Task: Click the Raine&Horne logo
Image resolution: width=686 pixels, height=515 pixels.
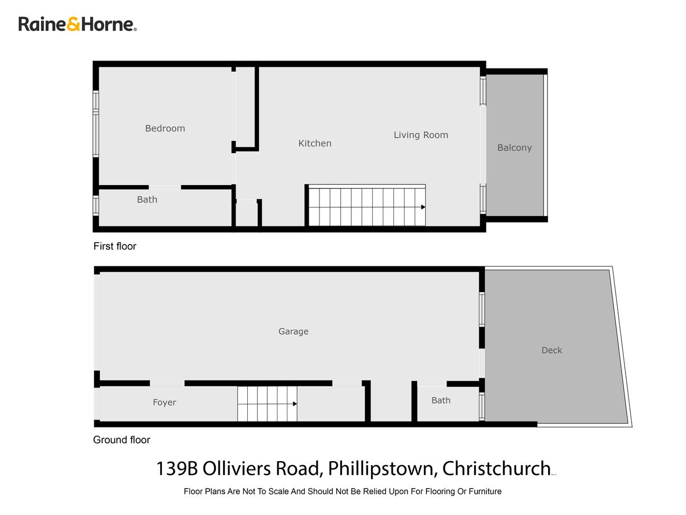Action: click(x=77, y=24)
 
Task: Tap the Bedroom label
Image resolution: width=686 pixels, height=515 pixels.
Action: click(x=165, y=128)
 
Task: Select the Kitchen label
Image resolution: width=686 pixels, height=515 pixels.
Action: click(x=314, y=144)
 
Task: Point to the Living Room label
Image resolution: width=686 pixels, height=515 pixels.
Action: click(x=420, y=135)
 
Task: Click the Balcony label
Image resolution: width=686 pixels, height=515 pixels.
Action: click(x=514, y=148)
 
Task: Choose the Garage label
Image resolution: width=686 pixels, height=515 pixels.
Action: click(x=293, y=332)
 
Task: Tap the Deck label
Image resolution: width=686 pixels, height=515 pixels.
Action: click(x=551, y=350)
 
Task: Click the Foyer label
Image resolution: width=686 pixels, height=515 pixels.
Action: click(x=164, y=402)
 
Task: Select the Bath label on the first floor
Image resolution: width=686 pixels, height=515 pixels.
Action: click(x=147, y=200)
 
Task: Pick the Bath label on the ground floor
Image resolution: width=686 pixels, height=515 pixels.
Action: click(x=441, y=401)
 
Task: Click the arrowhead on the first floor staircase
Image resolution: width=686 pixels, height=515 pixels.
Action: click(x=423, y=207)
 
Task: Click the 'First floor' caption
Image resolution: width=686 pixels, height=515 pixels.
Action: click(x=114, y=246)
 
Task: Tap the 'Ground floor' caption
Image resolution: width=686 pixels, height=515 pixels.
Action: click(x=121, y=440)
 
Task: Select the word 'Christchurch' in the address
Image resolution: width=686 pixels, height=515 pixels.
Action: click(x=496, y=468)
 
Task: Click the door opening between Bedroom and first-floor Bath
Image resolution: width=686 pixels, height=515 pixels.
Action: click(x=165, y=187)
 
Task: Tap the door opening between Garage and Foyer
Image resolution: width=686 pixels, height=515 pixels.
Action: click(x=167, y=383)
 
